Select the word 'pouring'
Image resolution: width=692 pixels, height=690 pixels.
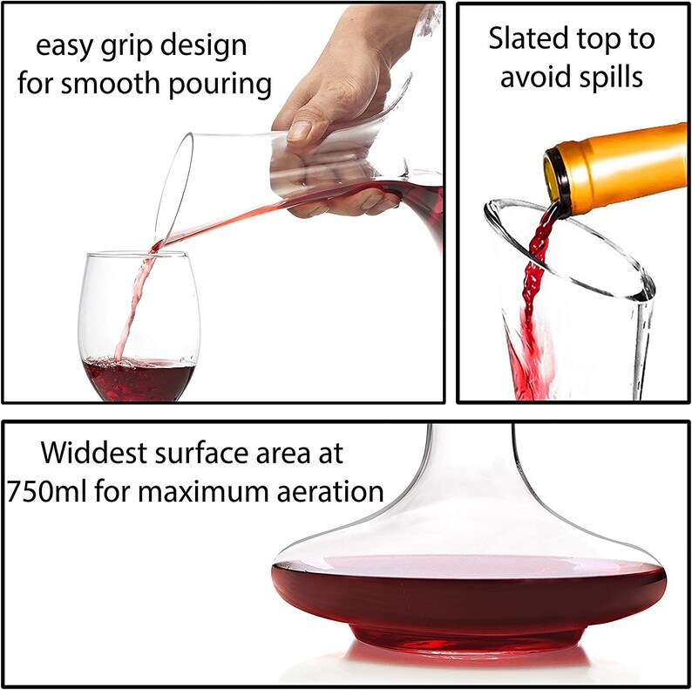tap(220, 85)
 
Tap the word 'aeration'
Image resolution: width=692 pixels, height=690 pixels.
tap(330, 491)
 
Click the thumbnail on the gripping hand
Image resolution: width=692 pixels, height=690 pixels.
tap(300, 131)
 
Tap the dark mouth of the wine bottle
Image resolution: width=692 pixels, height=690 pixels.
tap(557, 182)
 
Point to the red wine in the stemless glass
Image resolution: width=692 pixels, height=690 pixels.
tap(138, 379)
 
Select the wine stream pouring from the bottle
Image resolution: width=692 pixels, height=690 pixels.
tap(535, 283)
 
